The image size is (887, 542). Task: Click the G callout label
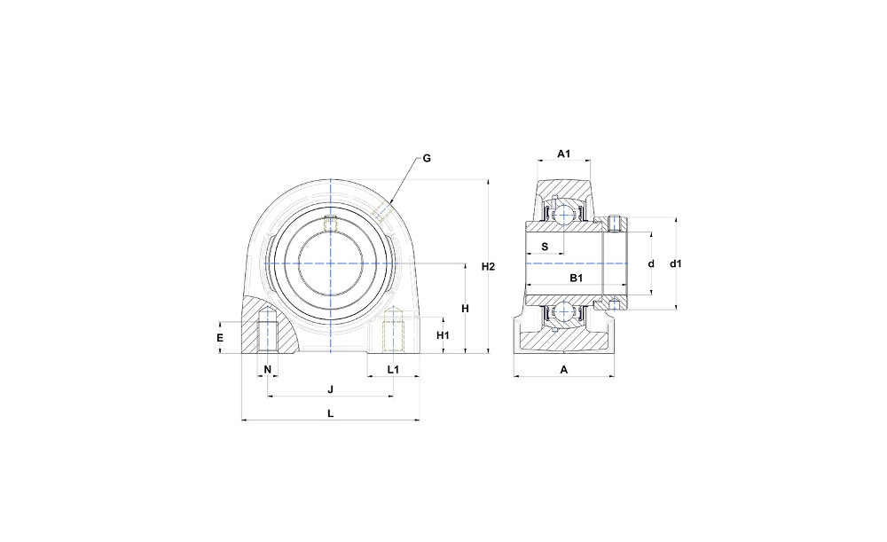427,159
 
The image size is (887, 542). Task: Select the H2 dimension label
488,266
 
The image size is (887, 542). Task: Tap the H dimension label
465,309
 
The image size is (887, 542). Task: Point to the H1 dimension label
443,335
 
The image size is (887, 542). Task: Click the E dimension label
220,338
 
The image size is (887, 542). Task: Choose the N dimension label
268,370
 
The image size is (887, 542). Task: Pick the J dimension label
331,389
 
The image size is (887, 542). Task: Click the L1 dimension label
393,370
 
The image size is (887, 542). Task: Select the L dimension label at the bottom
331,413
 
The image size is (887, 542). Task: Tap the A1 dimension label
564,153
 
